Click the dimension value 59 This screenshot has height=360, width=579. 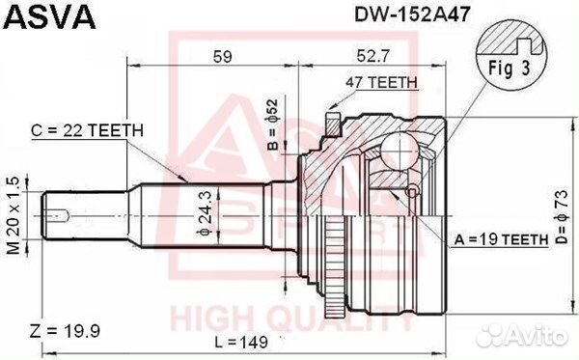click(223, 56)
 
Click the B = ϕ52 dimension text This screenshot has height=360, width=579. click(272, 135)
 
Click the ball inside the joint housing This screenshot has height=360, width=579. click(398, 150)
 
